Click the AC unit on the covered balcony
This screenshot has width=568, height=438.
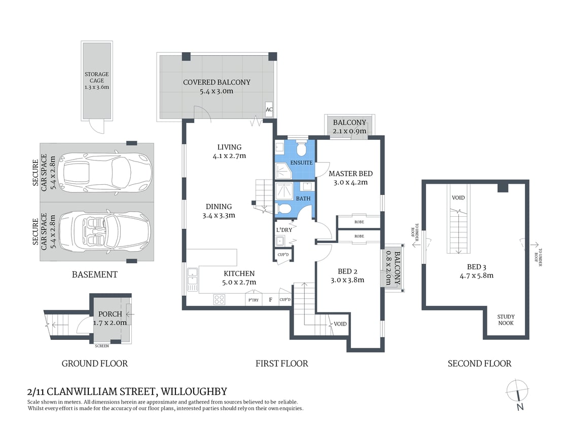coord(269,109)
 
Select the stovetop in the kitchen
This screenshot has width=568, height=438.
coord(219,299)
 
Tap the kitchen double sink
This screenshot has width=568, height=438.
coord(192,280)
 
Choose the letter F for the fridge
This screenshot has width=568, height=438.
coord(271,300)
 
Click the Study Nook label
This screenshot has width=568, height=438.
coord(506,320)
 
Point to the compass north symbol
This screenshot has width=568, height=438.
coord(518,393)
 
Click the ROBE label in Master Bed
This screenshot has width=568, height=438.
coord(359,222)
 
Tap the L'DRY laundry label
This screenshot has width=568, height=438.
coord(283,230)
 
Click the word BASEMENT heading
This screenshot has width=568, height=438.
coord(94,274)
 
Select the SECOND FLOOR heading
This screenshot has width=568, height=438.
coord(479,363)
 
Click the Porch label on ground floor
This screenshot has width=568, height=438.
coord(110,314)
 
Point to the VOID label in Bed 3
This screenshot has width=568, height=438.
coord(458,198)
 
